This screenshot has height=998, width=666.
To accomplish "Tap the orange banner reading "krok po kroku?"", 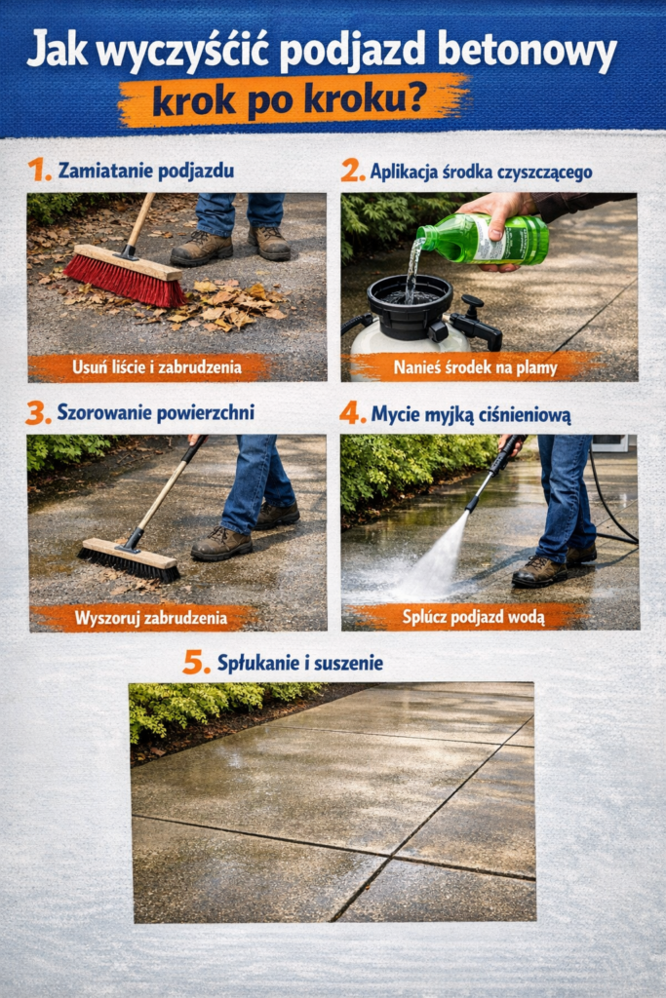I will pyautogui.click(x=293, y=99).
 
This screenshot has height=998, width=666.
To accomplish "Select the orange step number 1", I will pyautogui.click(x=38, y=170).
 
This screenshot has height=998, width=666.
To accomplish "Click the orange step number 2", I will pyautogui.click(x=352, y=171).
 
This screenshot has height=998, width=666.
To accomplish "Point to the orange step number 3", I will pyautogui.click(x=38, y=412).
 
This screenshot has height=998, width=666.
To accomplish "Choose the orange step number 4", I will pyautogui.click(x=352, y=412).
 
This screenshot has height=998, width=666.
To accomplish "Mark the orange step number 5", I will pyautogui.click(x=196, y=663).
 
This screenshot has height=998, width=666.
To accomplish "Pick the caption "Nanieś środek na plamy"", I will pyautogui.click(x=473, y=367).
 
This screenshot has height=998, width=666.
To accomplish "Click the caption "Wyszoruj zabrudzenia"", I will pyautogui.click(x=143, y=618).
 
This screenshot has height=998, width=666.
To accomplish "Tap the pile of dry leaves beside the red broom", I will pyautogui.click(x=229, y=302).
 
